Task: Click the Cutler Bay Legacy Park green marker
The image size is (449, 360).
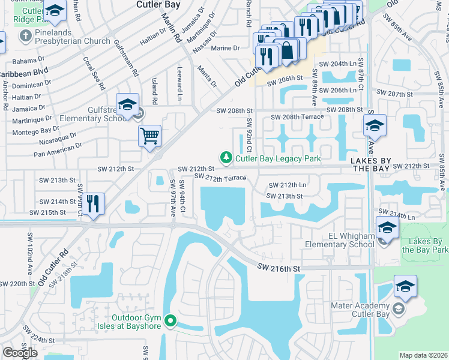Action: (x=226, y=158)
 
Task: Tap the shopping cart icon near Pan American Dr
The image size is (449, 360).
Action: (x=149, y=135)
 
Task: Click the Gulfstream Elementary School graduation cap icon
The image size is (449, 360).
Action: (x=127, y=104)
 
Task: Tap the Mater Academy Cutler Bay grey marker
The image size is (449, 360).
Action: (x=399, y=310)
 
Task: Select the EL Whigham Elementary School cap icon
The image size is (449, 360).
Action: (x=387, y=228)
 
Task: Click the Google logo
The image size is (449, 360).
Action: (x=20, y=353)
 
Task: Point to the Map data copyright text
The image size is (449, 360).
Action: (x=424, y=355)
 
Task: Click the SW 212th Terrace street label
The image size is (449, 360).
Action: (x=220, y=178)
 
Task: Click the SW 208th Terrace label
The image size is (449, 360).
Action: (x=297, y=117)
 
